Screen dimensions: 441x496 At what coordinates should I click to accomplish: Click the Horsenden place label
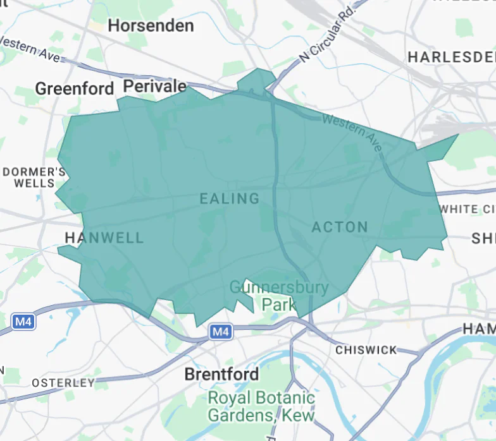[x=151, y=26]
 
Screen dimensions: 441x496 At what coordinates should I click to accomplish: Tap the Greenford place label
[x=75, y=88]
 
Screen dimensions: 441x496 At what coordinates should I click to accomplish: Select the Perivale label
[x=155, y=86]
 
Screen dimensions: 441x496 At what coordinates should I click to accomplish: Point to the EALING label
[x=230, y=198]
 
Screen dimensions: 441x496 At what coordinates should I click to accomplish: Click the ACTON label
[x=340, y=227]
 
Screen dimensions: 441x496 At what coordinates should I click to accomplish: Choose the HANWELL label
[x=104, y=238]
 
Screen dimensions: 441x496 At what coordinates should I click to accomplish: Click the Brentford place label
[x=221, y=374]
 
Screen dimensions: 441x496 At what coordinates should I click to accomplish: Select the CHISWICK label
[x=366, y=349]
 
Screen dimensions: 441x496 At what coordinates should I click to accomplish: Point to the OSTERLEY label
[x=63, y=383]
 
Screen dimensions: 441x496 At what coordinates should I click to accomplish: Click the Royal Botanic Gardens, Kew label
[x=261, y=407]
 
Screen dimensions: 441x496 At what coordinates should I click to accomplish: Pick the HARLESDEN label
[x=451, y=57]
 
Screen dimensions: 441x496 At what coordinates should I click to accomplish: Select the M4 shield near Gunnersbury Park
[x=220, y=331]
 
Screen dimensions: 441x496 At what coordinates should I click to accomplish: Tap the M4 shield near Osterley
[x=23, y=322]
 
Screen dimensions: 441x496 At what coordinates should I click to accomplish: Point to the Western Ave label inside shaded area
[x=352, y=133]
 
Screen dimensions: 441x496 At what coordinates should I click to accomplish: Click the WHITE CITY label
[x=468, y=209]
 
